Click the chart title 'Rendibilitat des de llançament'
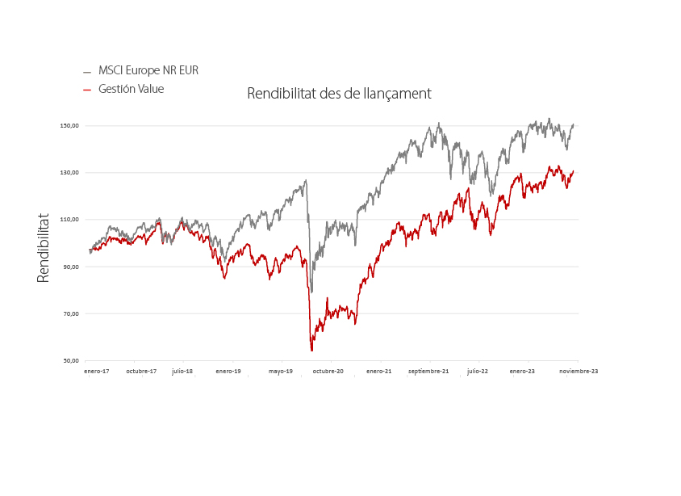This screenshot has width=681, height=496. click(x=339, y=94)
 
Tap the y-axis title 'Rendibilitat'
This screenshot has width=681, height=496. click(x=43, y=248)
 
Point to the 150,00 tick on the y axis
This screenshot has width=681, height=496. click(x=69, y=126)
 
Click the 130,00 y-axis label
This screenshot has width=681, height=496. click(x=69, y=173)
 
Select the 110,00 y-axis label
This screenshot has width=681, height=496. click(x=69, y=220)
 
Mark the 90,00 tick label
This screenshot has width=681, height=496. click(x=71, y=267)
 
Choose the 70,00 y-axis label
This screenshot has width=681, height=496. click(x=71, y=314)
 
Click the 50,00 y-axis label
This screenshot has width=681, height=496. click(x=71, y=361)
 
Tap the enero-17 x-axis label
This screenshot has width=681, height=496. click(x=96, y=372)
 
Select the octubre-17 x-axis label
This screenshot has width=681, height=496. click(x=141, y=372)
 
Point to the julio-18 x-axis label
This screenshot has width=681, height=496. click(x=182, y=372)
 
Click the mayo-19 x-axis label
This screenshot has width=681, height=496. click(x=281, y=372)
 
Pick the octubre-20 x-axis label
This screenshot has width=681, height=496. click(x=328, y=372)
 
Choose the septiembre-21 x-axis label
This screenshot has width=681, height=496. click(x=428, y=372)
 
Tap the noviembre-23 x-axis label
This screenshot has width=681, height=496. click(x=579, y=372)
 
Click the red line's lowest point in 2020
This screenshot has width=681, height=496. click(x=311, y=351)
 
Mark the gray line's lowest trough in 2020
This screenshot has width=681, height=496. click(x=311, y=292)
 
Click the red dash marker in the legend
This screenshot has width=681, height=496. click(x=87, y=90)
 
